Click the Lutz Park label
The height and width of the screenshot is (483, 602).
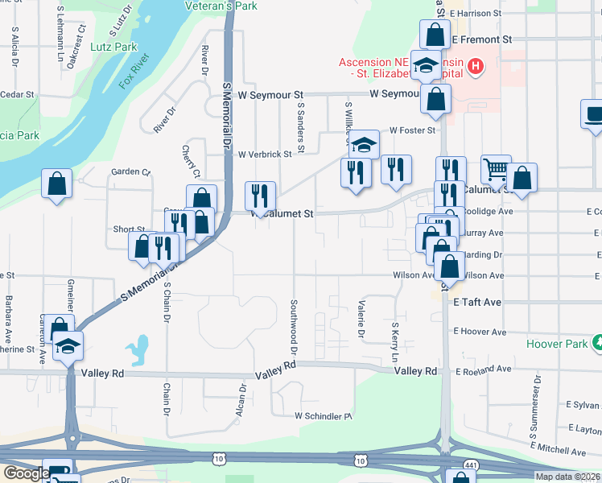[x=113, y=47]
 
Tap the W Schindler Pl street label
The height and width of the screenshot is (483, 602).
[x=324, y=416]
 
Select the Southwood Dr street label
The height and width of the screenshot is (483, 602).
[x=293, y=328]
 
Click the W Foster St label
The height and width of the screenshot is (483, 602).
[x=412, y=130]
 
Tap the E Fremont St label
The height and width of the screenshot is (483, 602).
[x=481, y=39]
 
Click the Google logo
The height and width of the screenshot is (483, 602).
[x=27, y=473]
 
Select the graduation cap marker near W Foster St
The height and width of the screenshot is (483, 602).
[x=364, y=144]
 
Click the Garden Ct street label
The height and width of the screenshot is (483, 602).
[x=131, y=171]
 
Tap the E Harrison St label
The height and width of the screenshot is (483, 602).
[x=476, y=14]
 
